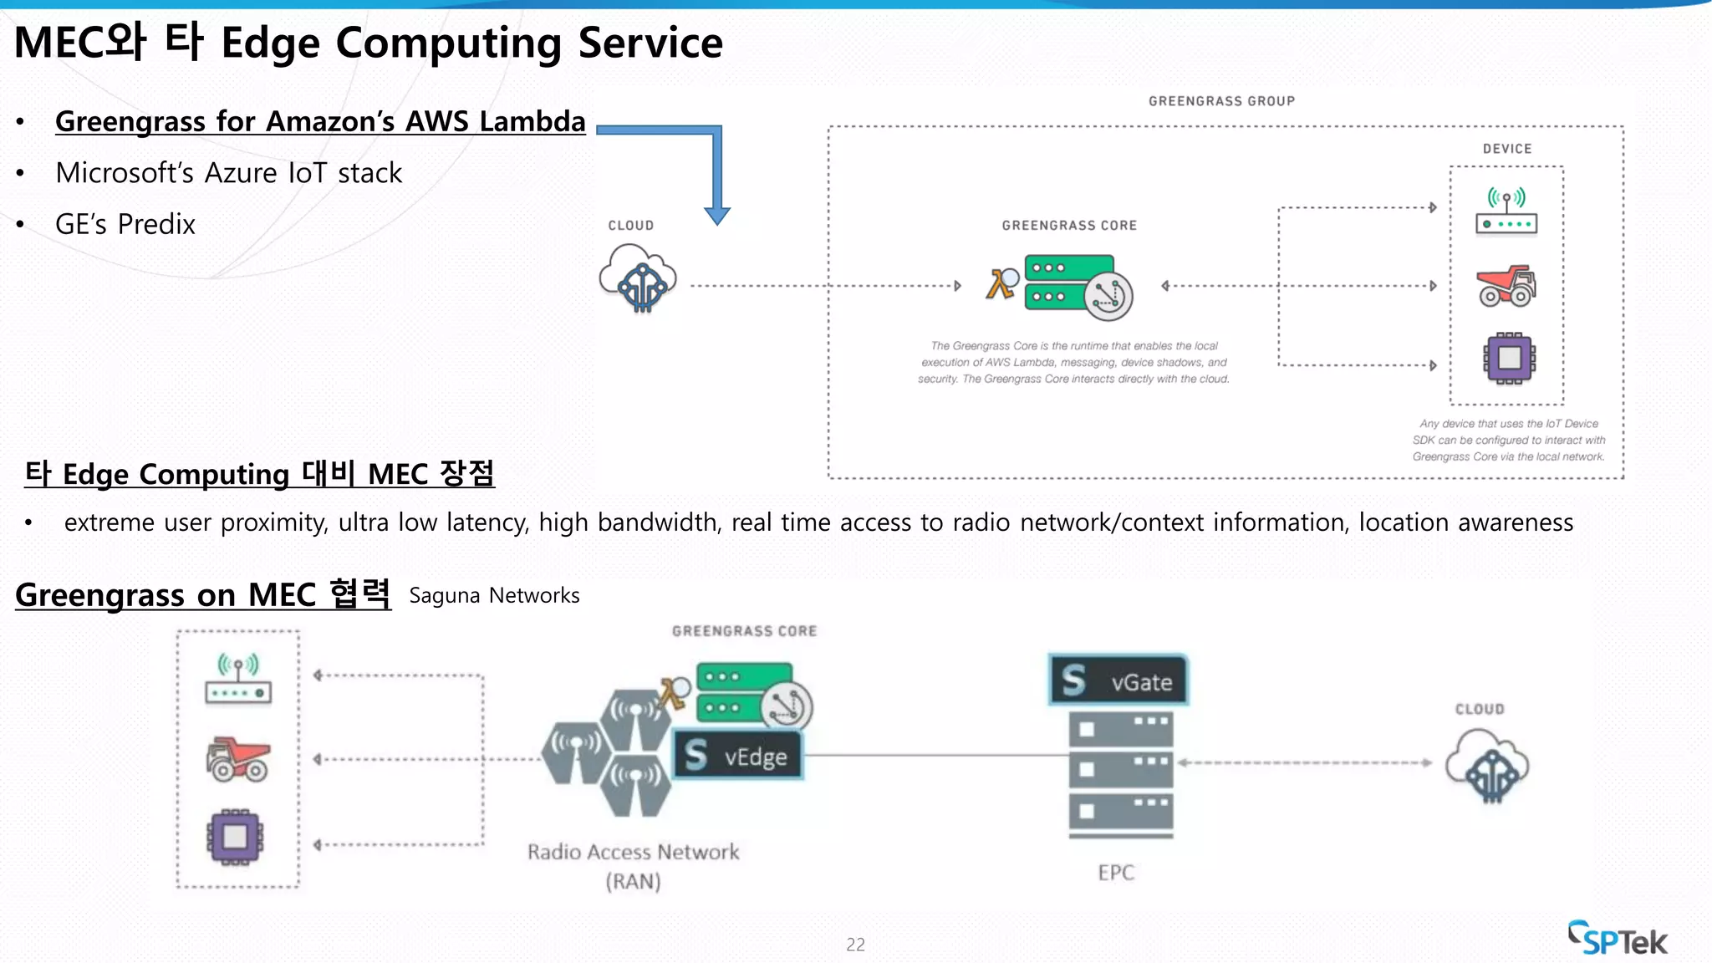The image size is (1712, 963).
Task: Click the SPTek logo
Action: [1618, 939]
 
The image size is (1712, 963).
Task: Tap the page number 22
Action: [855, 945]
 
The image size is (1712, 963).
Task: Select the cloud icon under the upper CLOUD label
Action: [638, 278]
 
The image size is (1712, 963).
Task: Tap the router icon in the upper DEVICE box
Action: [1506, 212]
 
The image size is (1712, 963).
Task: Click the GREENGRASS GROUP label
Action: [1221, 101]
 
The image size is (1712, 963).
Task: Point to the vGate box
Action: [1118, 681]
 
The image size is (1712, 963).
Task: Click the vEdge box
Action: [738, 757]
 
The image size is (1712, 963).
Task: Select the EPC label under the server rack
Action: [1116, 873]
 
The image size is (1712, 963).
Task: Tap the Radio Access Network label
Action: [633, 853]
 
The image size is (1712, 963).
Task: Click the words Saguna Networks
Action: [494, 595]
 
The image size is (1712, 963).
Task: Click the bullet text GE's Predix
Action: [125, 224]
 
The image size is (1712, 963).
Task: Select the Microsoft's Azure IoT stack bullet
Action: [228, 173]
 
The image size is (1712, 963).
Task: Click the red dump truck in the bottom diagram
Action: [238, 758]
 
